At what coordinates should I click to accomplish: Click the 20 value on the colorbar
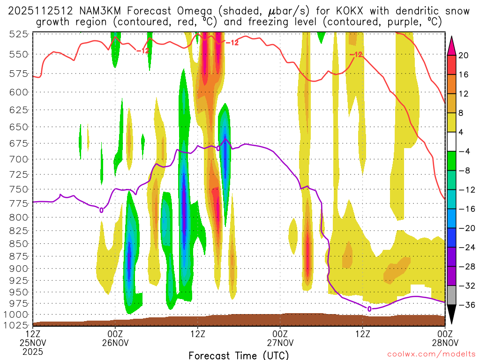pyautogui.click(x=464, y=55)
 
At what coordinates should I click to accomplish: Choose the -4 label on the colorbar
pyautogui.click(x=464, y=151)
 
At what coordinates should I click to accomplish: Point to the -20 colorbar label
pyautogui.click(x=464, y=228)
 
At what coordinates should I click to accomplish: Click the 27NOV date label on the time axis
pyautogui.click(x=280, y=343)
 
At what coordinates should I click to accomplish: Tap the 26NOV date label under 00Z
pyautogui.click(x=115, y=343)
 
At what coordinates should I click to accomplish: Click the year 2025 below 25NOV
pyautogui.click(x=33, y=351)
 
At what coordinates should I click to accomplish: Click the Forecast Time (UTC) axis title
pyautogui.click(x=239, y=355)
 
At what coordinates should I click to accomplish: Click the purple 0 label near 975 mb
pyautogui.click(x=369, y=308)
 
